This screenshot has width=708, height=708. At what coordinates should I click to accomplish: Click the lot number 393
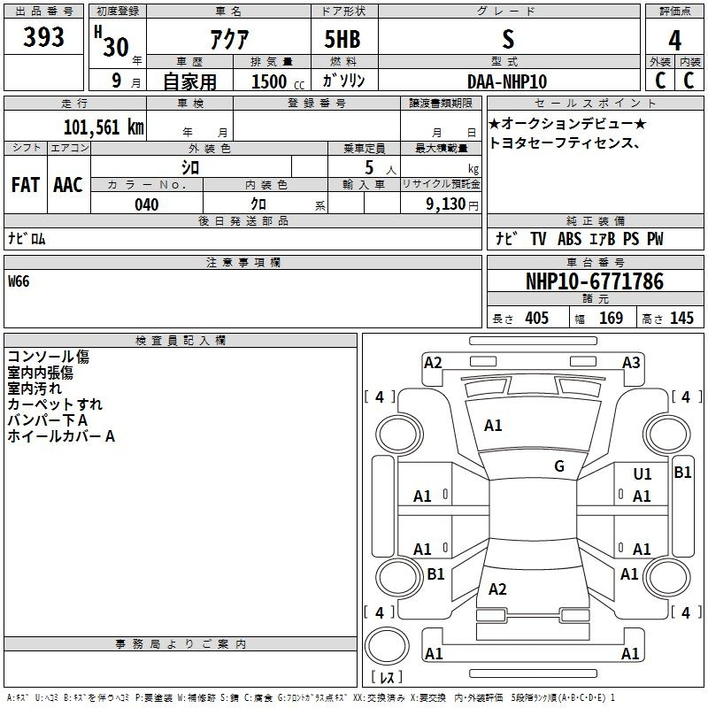[x=43, y=36]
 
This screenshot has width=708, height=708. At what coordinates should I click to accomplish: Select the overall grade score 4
[x=674, y=41]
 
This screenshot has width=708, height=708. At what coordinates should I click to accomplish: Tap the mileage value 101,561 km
[x=104, y=127]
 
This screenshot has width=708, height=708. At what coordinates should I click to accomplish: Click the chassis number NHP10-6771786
[x=595, y=281]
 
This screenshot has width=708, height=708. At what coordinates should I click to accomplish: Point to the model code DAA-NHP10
[x=507, y=81]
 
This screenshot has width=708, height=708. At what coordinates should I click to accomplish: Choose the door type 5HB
[x=342, y=39]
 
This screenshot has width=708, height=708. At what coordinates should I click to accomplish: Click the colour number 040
[x=147, y=204]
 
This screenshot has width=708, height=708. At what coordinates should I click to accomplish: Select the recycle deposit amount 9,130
[x=446, y=204]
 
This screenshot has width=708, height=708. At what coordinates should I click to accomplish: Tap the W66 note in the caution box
[x=19, y=281]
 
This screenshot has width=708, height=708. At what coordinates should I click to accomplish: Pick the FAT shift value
[x=26, y=185]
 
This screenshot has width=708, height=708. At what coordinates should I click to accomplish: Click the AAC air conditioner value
[x=68, y=185]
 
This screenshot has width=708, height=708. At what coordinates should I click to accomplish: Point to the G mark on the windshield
[x=559, y=466]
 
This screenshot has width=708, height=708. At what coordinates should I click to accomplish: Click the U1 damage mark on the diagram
[x=643, y=474]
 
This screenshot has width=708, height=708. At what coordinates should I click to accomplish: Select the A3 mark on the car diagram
[x=631, y=363]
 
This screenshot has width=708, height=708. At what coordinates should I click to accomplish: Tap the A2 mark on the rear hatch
[x=497, y=589]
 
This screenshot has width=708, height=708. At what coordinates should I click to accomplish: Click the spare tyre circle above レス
[x=387, y=646]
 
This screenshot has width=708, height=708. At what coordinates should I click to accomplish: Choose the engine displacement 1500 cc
[x=278, y=81]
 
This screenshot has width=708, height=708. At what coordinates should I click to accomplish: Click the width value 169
[x=611, y=318]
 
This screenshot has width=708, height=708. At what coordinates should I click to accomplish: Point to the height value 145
[x=681, y=318]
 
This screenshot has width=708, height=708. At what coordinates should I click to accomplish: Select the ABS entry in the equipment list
[x=569, y=239]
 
